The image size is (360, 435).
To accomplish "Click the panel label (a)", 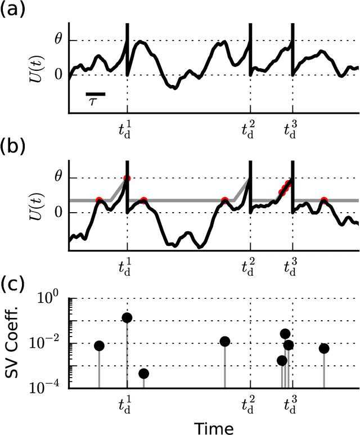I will click(x=13, y=10).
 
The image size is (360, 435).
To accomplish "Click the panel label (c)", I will click(x=13, y=284).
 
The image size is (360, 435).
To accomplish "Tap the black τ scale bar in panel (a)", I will click(x=96, y=95).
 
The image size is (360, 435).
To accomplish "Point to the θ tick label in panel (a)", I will click(x=57, y=41).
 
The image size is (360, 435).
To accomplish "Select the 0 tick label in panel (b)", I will click(x=57, y=213).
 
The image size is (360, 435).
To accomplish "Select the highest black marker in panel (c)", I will click(x=127, y=318).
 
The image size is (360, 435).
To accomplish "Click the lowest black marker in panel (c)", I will click(x=143, y=374).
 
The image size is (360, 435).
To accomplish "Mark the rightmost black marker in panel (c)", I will click(x=324, y=348).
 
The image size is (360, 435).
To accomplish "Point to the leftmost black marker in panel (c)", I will click(x=99, y=346).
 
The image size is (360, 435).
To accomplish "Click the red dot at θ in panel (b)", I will click(x=127, y=178).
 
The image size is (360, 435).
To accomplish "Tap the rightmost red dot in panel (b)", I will click(x=324, y=200).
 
